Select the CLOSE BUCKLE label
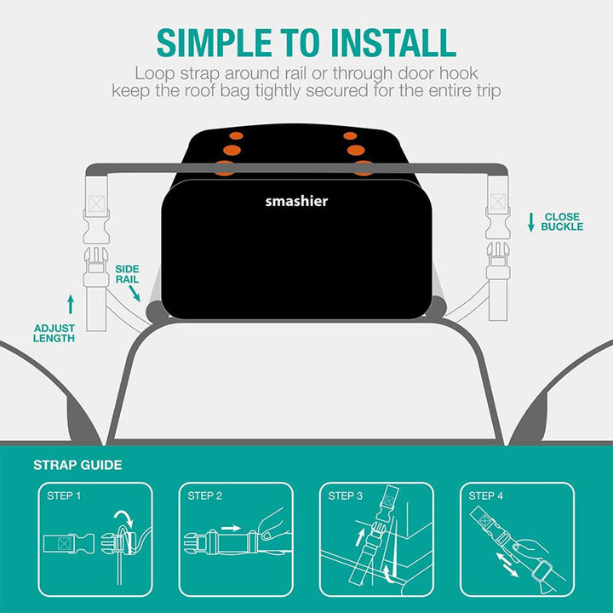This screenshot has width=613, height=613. coord(563,221)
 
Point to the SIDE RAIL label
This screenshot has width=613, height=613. coord(127,274)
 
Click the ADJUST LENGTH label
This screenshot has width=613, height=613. coord(54,333)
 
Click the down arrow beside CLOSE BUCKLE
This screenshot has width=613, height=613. coord(531,222)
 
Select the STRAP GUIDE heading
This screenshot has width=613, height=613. coord(77,465)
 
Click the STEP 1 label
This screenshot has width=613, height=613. coord(65,496)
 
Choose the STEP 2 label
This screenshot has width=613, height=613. coord(205,496)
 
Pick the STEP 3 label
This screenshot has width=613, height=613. coord(346,496)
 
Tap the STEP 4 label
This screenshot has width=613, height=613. coord(486,496)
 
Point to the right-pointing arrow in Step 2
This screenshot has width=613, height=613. coord(231,528)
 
